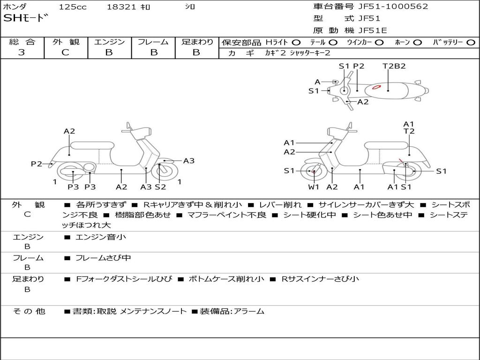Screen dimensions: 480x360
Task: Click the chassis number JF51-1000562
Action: pos(386,7)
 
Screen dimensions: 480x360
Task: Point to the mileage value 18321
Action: pos(121,7)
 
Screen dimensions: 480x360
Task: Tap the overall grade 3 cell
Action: pos(22,52)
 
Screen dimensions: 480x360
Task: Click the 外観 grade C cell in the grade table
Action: pos(66,52)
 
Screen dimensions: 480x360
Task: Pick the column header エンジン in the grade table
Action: pos(109,42)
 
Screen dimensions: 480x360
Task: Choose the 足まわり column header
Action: pos(197,42)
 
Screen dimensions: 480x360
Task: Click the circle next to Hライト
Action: pos(296,42)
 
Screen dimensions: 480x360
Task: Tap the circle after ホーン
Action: pos(417,42)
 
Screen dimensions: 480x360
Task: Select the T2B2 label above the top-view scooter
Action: pos(394,66)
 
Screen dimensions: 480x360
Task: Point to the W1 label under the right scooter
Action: pos(314,187)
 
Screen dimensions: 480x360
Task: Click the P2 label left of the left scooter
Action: pos(37,164)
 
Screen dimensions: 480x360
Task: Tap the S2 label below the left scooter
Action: pos(160,187)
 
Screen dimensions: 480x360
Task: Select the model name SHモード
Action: pos(26,18)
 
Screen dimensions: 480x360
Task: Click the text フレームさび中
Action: pos(103,258)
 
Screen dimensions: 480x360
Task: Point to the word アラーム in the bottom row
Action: pos(249,311)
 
